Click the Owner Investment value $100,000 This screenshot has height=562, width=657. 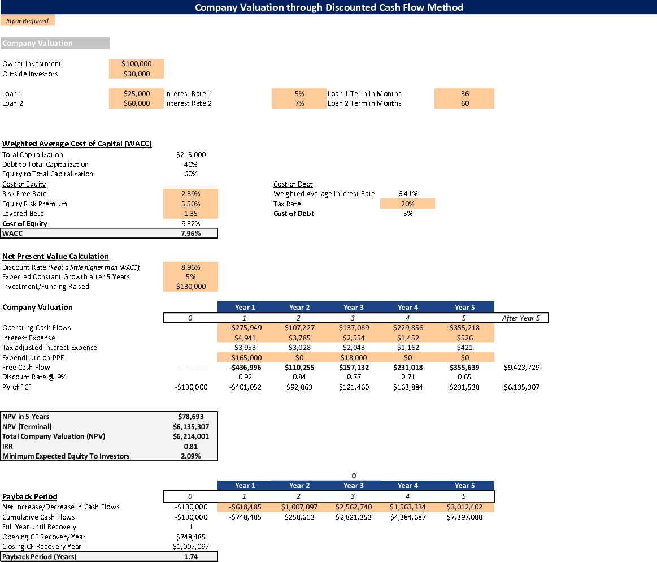point(136,64)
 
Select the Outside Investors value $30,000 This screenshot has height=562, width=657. point(136,74)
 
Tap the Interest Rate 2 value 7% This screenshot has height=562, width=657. point(299,103)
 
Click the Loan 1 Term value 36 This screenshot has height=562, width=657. point(464,94)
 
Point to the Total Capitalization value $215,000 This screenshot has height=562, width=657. point(191,155)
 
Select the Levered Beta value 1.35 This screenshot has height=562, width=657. point(191,214)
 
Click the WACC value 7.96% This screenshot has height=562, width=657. point(191,234)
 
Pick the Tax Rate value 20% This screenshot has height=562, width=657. point(407,204)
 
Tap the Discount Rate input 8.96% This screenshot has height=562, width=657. point(191,267)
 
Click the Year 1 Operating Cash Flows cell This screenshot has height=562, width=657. point(245,328)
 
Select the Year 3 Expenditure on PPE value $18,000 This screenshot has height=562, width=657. point(353,357)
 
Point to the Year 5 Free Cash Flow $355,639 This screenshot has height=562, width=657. point(464,368)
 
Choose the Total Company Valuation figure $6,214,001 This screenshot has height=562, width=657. point(191,436)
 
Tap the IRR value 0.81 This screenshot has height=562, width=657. point(191,446)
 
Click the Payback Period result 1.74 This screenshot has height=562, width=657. point(191,557)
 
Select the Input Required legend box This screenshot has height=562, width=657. point(28,21)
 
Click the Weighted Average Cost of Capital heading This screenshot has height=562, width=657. point(77,144)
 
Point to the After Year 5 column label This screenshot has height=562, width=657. point(521,318)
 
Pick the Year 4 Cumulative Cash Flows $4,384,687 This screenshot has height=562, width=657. point(407,517)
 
